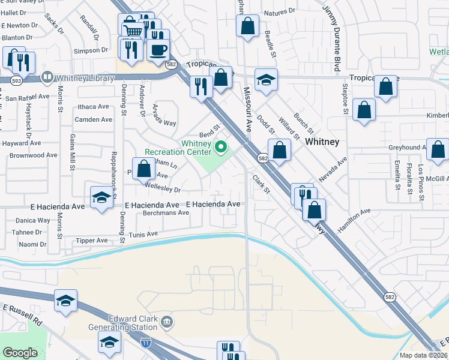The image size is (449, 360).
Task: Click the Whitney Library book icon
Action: (46, 78)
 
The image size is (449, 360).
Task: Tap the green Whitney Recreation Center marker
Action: (221, 146)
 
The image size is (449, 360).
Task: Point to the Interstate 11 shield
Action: (145, 343)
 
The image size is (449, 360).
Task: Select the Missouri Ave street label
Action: (247, 107)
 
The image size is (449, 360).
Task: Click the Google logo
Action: (20, 353)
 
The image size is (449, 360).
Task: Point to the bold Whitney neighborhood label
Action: (322, 142)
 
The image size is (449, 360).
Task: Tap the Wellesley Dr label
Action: (161, 190)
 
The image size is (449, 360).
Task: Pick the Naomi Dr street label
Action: (32, 244)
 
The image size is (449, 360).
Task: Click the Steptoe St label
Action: (345, 97)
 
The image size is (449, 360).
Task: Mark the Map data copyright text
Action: (423, 355)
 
